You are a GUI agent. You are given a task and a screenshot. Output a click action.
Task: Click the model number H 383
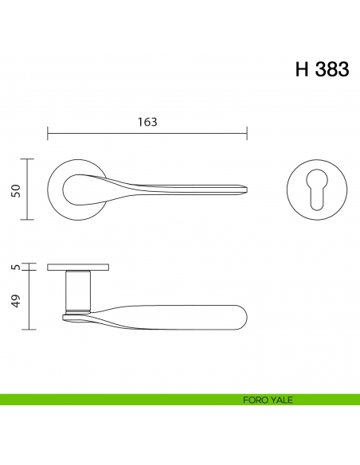[x=321, y=69]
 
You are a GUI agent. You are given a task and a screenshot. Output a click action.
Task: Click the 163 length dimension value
[x=147, y=122]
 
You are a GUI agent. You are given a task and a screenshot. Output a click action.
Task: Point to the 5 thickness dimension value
[x=15, y=267]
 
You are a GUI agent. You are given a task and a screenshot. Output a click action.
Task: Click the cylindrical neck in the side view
[x=78, y=290]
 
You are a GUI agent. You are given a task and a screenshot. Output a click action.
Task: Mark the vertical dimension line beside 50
[x=29, y=190]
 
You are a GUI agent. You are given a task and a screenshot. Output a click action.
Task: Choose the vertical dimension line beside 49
[x=29, y=300]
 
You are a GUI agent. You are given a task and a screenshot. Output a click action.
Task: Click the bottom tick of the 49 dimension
[x=29, y=329]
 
